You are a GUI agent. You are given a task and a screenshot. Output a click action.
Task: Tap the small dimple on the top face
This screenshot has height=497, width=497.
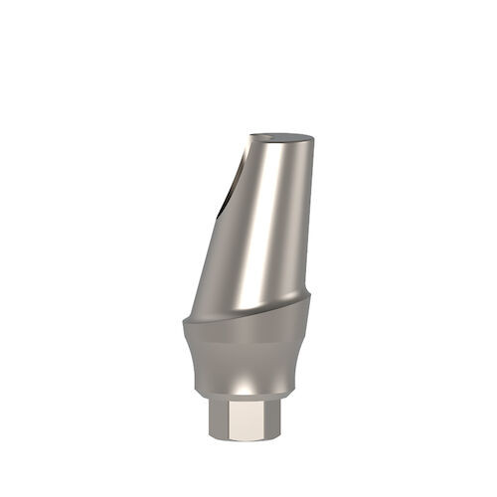click(x=267, y=137)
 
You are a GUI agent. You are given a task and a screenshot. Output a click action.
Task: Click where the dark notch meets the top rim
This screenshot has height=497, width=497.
click(x=249, y=142)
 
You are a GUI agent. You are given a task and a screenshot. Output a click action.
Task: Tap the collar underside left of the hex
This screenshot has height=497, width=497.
click(x=211, y=396)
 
